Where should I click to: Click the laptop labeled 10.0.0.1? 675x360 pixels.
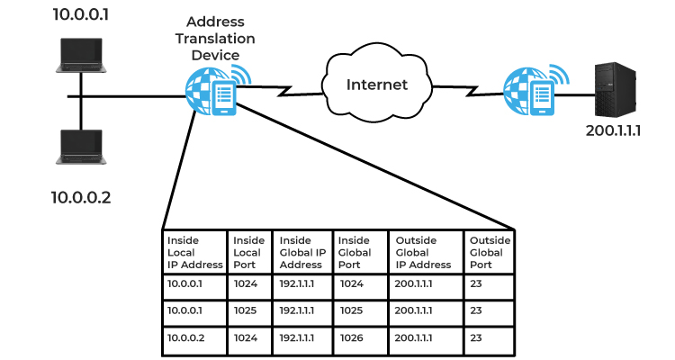[x=81, y=55]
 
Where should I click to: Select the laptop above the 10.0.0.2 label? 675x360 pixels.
[x=81, y=147]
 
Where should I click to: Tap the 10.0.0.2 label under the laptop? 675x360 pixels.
[x=81, y=198]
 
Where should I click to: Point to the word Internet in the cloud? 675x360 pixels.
[x=377, y=85]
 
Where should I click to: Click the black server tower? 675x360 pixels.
[x=616, y=90]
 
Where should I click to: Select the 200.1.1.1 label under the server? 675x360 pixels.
[x=613, y=130]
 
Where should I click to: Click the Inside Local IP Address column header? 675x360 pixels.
[x=195, y=252]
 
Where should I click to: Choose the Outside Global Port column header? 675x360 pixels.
[x=490, y=252]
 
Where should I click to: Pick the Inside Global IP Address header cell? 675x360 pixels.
[x=302, y=252]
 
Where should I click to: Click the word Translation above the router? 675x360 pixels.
[x=215, y=39]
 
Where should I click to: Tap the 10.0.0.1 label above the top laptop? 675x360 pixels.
[x=81, y=14]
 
